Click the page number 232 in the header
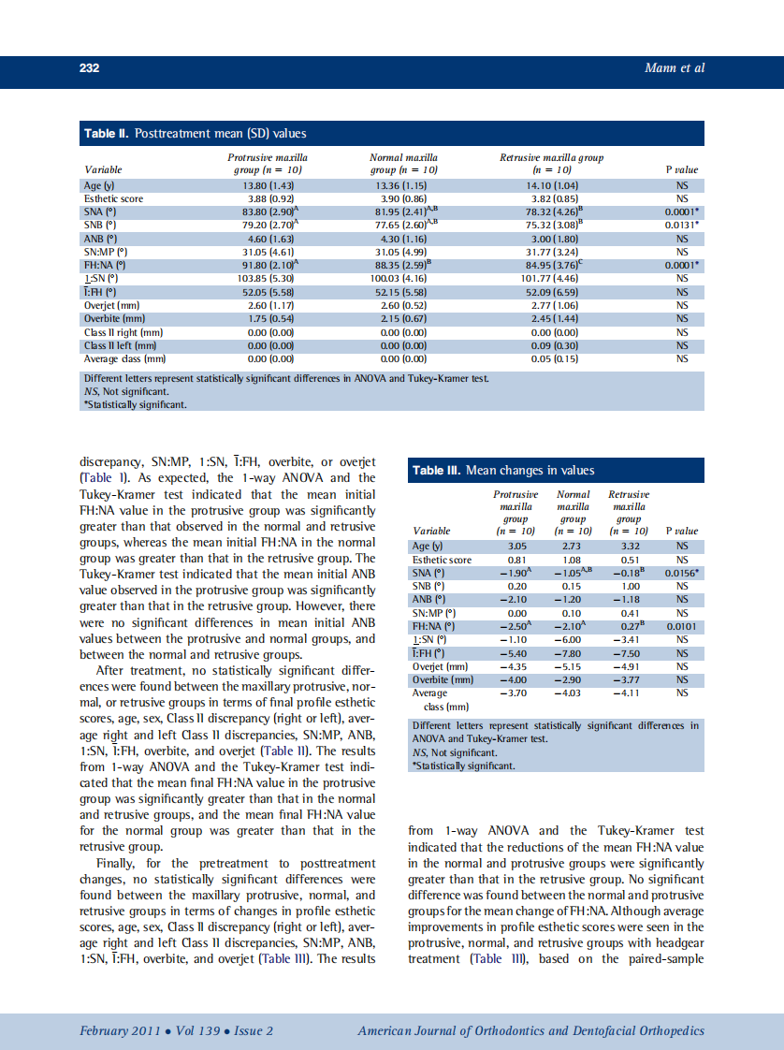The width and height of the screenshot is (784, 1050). point(89,67)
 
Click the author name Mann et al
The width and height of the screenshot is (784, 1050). point(675,67)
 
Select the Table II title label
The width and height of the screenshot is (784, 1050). point(196,134)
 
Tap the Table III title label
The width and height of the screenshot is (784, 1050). point(502,471)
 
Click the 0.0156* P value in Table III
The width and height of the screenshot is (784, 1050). point(684,572)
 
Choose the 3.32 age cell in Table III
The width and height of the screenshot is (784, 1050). point(629,546)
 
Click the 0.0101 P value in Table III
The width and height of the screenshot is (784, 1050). point(682,626)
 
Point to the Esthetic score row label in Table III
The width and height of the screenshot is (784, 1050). point(442,559)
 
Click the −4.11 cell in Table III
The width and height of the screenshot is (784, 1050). point(629,693)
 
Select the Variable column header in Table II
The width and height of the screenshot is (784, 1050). point(103,169)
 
